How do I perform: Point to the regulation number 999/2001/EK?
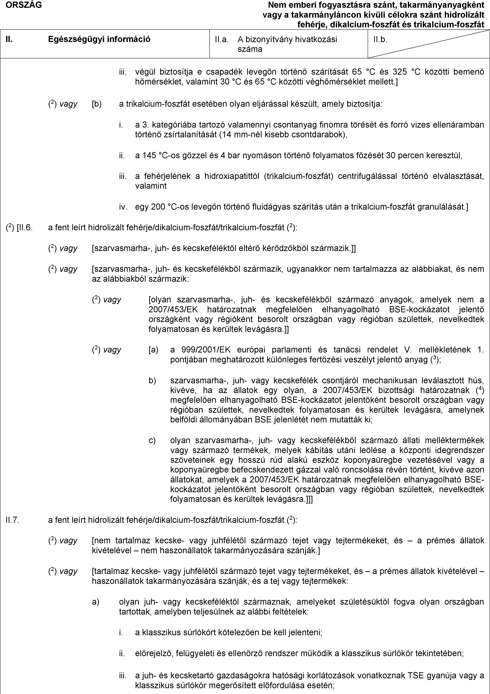pyautogui.click(x=206, y=350)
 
